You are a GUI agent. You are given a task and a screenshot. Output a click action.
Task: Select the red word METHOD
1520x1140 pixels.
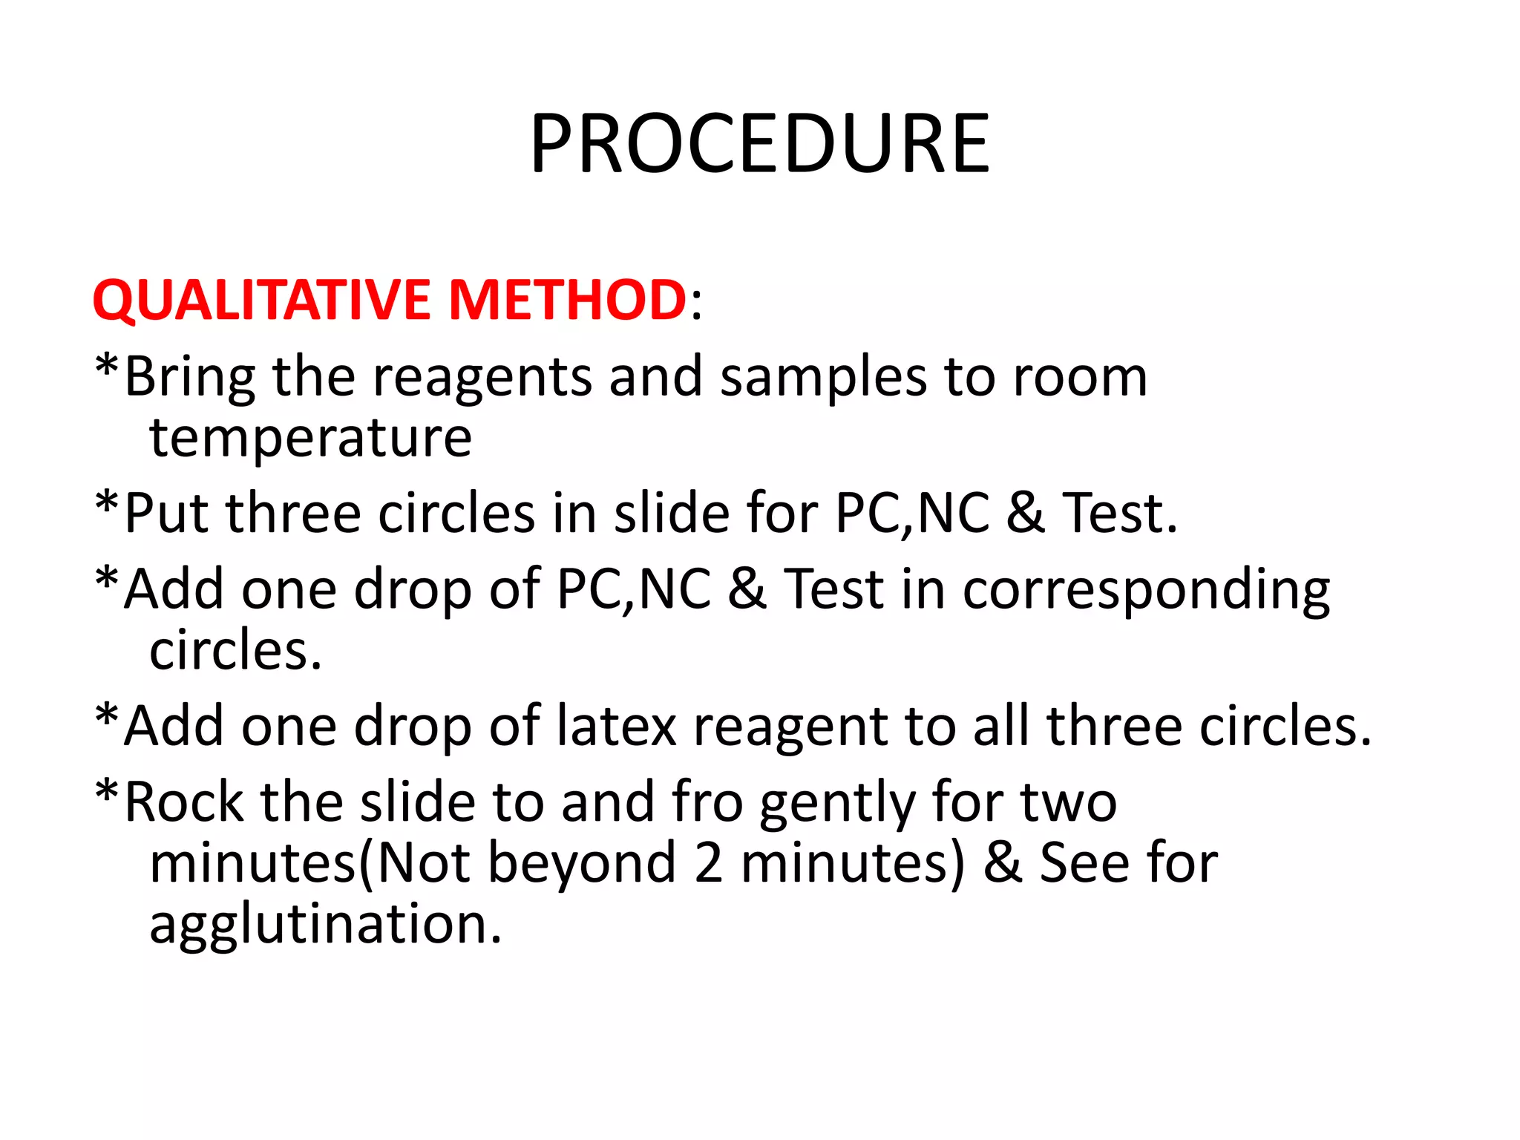coord(568,300)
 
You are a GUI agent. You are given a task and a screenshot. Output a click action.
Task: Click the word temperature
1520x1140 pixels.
coord(310,438)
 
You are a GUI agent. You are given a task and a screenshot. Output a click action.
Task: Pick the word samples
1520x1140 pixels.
coord(823,377)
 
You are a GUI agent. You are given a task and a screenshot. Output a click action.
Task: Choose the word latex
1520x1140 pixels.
coord(616,726)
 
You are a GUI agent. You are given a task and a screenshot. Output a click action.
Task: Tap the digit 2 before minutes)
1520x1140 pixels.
coord(709,863)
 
